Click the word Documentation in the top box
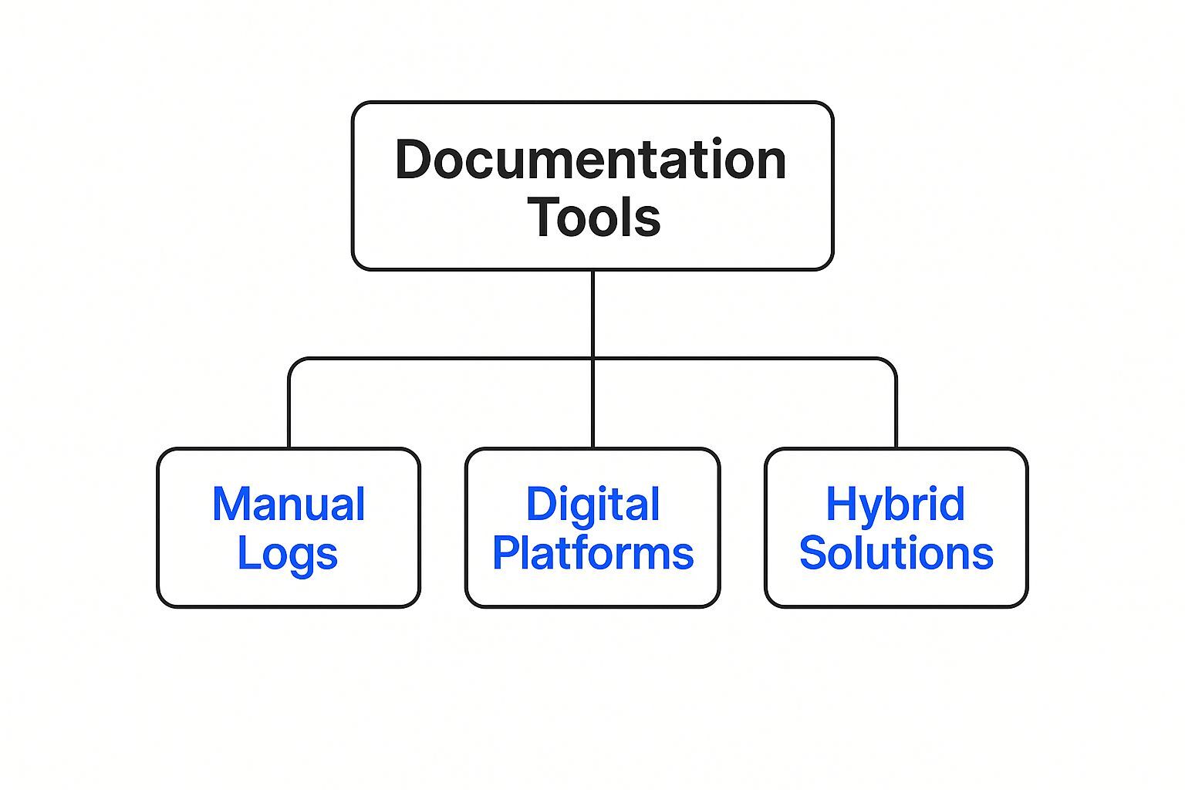tap(591, 160)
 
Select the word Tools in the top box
tap(594, 217)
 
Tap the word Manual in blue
tap(289, 505)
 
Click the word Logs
tap(287, 554)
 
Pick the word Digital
tap(592, 505)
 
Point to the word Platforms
tap(592, 554)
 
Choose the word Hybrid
tap(895, 505)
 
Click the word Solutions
tap(896, 554)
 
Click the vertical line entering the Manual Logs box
tap(289, 417)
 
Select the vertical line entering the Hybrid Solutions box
tap(896, 417)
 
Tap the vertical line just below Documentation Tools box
tap(592, 309)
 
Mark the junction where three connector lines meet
tap(592, 359)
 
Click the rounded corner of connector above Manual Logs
tap(294, 363)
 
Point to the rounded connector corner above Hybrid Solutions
tap(891, 363)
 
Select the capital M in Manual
tap(231, 505)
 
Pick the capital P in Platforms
tap(505, 554)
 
